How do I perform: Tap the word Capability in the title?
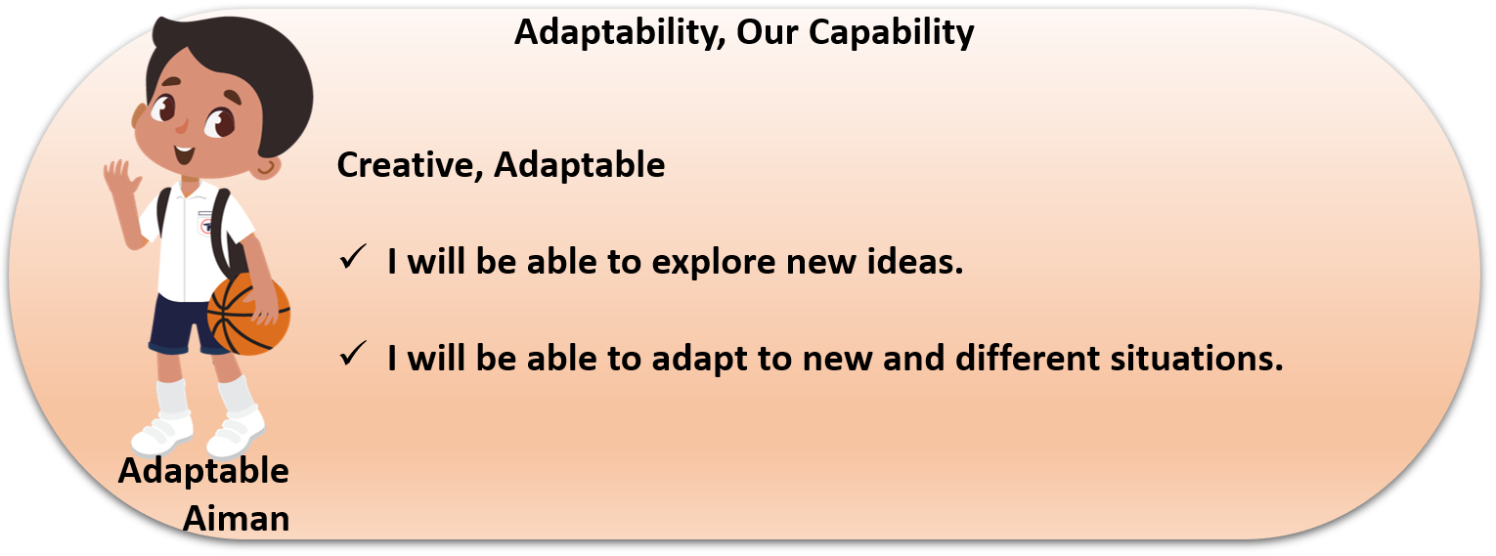pos(891,32)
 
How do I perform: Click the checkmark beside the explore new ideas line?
pos(353,257)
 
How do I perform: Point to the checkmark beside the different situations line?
pos(353,354)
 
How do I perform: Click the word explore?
pos(713,262)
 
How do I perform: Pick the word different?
pos(1028,358)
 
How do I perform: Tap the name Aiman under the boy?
pos(237,519)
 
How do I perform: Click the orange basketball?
pos(248,314)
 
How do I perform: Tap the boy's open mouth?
pos(183,156)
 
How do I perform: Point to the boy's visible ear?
pos(267,167)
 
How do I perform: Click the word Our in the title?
pos(767,32)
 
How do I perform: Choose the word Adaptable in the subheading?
pos(580,165)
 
